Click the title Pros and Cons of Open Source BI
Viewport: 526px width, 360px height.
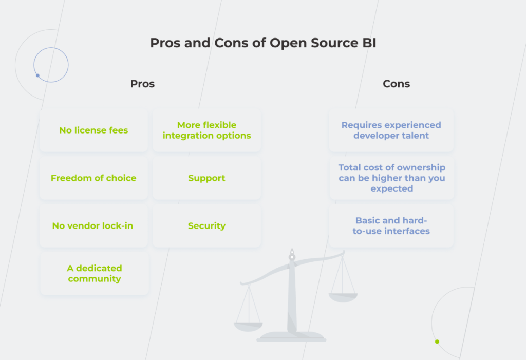(x=263, y=43)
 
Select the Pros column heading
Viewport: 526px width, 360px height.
(x=142, y=84)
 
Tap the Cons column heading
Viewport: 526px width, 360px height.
(x=396, y=84)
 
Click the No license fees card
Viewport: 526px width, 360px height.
(x=93, y=130)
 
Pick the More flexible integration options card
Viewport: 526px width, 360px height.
(x=206, y=130)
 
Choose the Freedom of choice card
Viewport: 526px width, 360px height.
(x=93, y=178)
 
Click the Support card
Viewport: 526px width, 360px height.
(x=206, y=178)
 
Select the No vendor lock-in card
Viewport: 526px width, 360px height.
(x=93, y=226)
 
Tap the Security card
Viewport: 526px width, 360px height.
(x=206, y=226)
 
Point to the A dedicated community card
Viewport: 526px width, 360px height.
(x=95, y=274)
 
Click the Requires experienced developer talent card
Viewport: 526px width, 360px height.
(x=391, y=130)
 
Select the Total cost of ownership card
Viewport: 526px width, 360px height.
(x=391, y=178)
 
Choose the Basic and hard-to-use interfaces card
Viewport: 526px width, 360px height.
(x=391, y=226)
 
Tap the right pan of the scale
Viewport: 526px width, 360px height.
(x=343, y=297)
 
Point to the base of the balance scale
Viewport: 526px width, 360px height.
(x=291, y=337)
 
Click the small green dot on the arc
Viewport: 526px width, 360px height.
(x=437, y=342)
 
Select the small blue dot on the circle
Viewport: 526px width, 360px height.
(x=37, y=75)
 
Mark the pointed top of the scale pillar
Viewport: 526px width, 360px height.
(x=292, y=252)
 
